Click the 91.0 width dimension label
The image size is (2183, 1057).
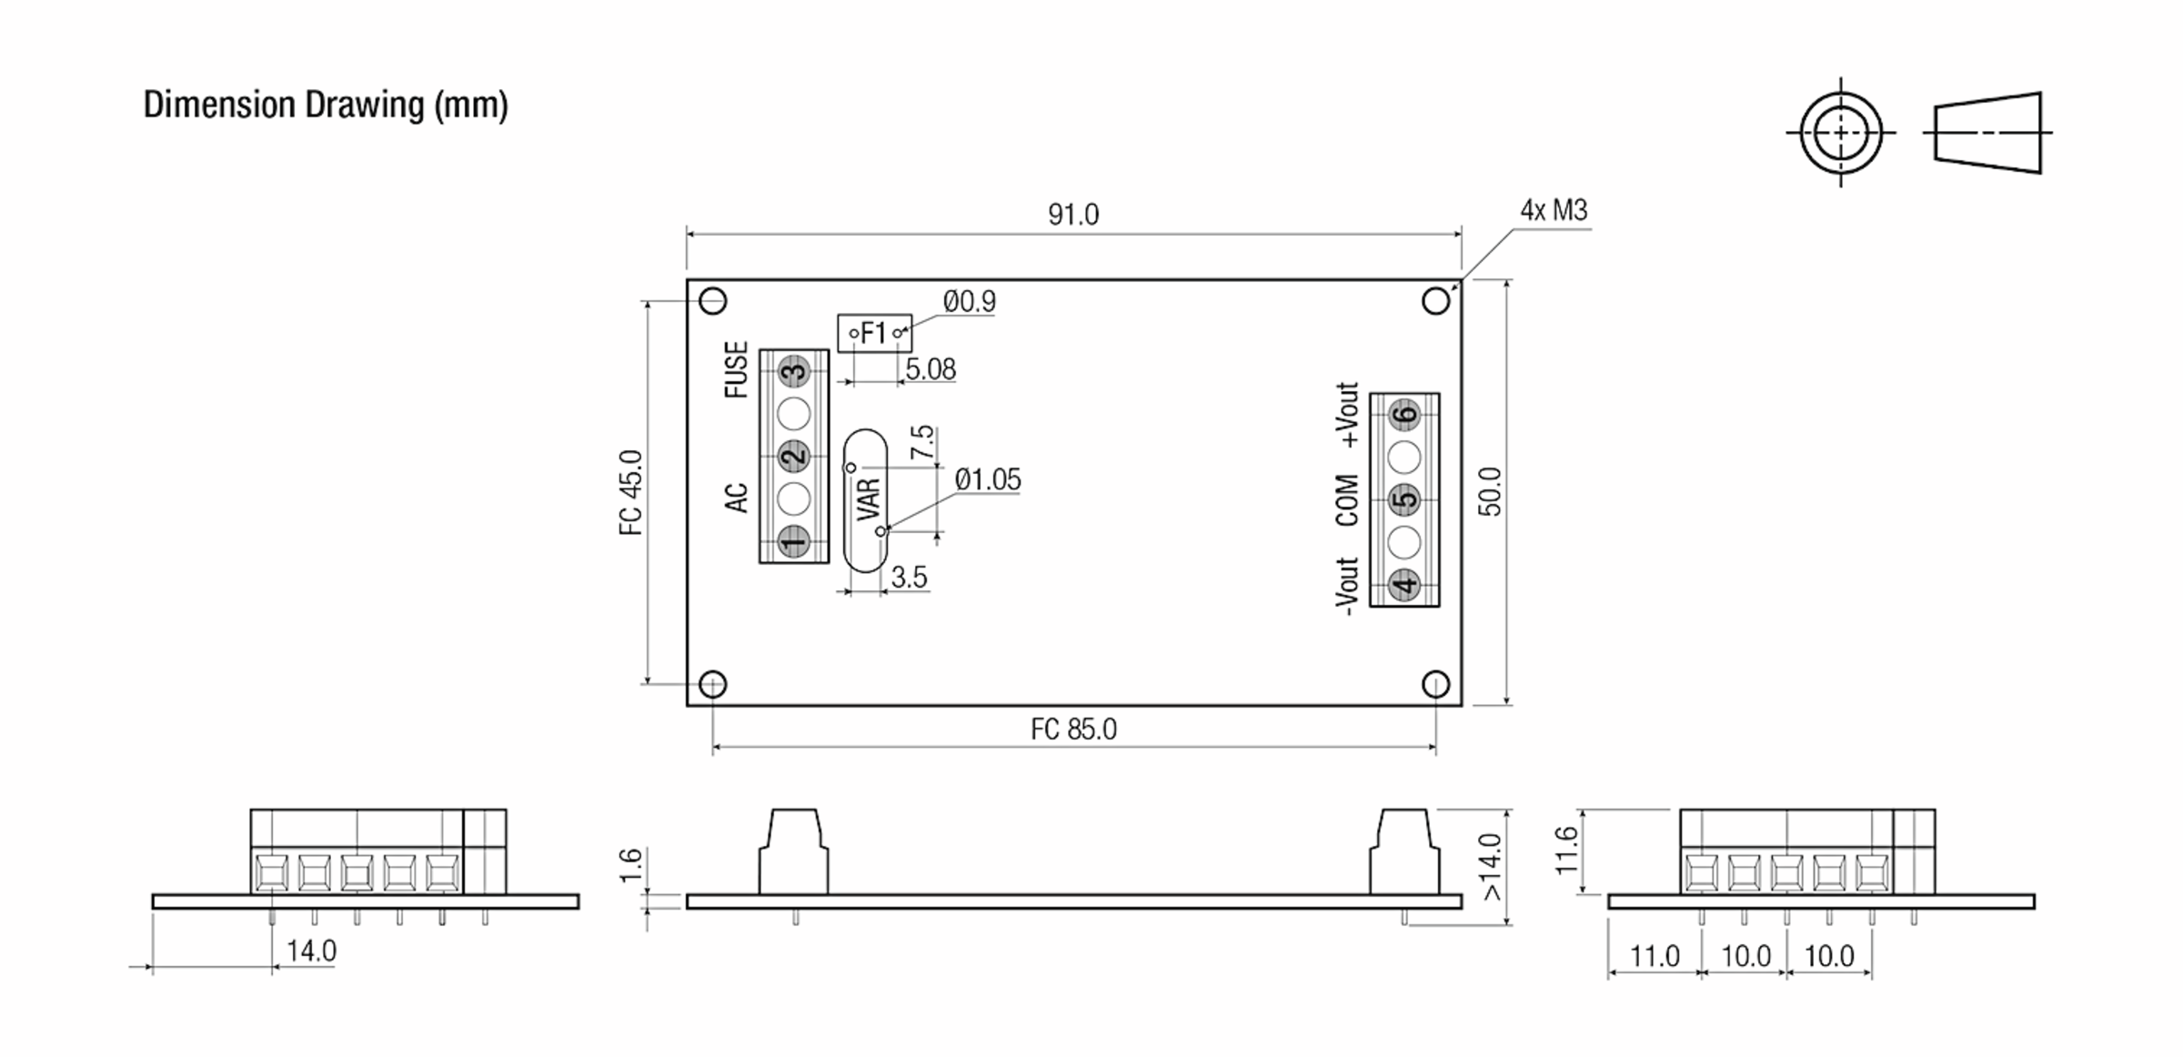[1073, 215]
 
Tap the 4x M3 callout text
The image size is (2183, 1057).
[1554, 211]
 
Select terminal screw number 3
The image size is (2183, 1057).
[794, 371]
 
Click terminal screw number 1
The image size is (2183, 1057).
[794, 541]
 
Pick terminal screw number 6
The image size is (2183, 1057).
[1404, 415]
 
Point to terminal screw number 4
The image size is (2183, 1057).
[1404, 584]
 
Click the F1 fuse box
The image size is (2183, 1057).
[874, 333]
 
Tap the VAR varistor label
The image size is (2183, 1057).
[869, 499]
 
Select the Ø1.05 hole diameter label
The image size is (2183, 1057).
[988, 479]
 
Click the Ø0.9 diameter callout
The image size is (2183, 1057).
[970, 301]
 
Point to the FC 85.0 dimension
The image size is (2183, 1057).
[1073, 730]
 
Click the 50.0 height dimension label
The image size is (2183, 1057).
[1490, 492]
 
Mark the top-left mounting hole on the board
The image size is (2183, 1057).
[712, 300]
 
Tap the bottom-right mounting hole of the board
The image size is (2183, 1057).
[1435, 684]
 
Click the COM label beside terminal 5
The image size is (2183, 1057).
[1347, 499]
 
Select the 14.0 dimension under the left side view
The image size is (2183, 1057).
[311, 951]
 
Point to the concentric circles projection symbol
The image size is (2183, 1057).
[1841, 133]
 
